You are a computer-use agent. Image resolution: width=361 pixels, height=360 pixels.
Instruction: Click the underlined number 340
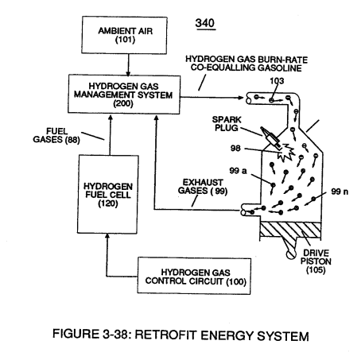point(205,23)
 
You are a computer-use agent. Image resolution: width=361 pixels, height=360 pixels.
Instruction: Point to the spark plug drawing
point(270,137)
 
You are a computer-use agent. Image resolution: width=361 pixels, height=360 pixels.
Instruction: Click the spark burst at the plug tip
point(286,153)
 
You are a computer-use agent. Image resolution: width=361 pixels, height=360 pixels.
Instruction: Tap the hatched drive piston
point(291,230)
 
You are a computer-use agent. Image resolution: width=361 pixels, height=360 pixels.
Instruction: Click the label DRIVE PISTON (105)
point(316,261)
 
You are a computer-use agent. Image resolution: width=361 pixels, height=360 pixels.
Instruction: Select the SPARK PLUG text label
point(227,124)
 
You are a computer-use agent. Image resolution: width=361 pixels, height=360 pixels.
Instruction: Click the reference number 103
point(277,81)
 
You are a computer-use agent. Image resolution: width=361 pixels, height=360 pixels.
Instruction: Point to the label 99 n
point(340,192)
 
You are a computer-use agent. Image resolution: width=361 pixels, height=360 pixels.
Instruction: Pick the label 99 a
point(238,171)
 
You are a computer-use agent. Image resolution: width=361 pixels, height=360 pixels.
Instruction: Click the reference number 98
point(235,149)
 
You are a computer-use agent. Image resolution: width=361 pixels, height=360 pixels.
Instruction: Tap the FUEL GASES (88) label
point(56,135)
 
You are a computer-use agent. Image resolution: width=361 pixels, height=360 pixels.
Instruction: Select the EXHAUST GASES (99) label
point(203,187)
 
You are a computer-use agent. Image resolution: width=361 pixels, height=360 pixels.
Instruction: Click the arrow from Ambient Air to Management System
point(128,65)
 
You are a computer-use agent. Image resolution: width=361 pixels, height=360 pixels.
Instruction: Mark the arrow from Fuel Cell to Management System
point(111,135)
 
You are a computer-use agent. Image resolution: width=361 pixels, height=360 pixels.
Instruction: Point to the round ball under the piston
point(291,254)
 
